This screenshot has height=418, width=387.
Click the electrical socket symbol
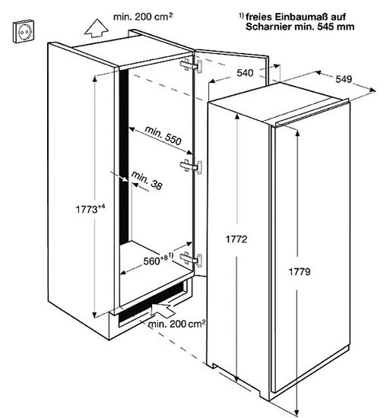point(24,31)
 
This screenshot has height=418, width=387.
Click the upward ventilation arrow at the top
point(97,29)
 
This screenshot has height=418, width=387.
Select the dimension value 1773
point(87,210)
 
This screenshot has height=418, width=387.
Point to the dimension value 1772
point(236,239)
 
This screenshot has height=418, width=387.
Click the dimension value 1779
point(300,271)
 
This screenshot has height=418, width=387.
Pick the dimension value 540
point(245,73)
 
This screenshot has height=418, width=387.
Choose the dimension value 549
point(344,79)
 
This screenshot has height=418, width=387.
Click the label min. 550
point(163,135)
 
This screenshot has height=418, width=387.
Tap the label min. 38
point(147,181)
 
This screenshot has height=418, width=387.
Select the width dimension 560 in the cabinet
point(151,261)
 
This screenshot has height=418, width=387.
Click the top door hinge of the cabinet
point(191,65)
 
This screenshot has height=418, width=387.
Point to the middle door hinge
point(191,166)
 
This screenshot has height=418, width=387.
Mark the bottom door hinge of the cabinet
point(191,259)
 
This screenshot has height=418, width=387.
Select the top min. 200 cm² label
point(143,17)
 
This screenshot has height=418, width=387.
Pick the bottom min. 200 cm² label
point(176,324)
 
